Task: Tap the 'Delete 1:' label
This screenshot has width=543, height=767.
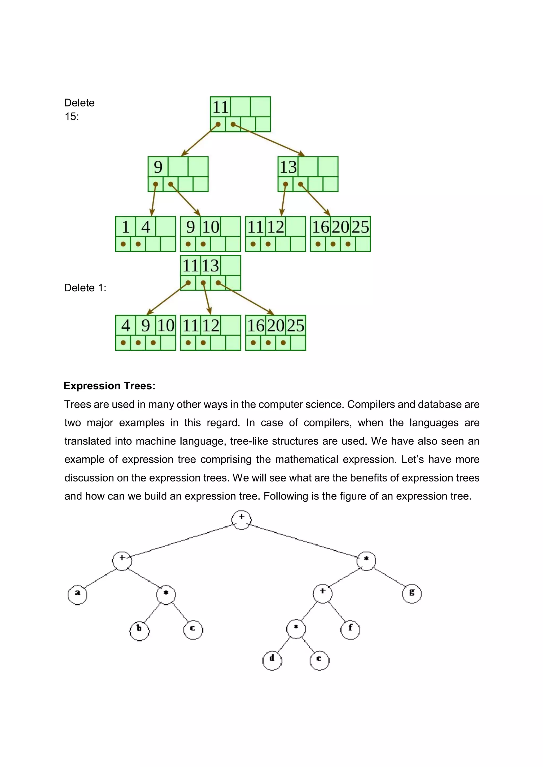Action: (x=85, y=288)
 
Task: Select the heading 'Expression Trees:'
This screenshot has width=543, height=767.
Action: (x=109, y=386)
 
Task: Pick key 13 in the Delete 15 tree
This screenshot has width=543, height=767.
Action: (x=288, y=167)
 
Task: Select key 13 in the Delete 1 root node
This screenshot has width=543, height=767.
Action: (x=210, y=266)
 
